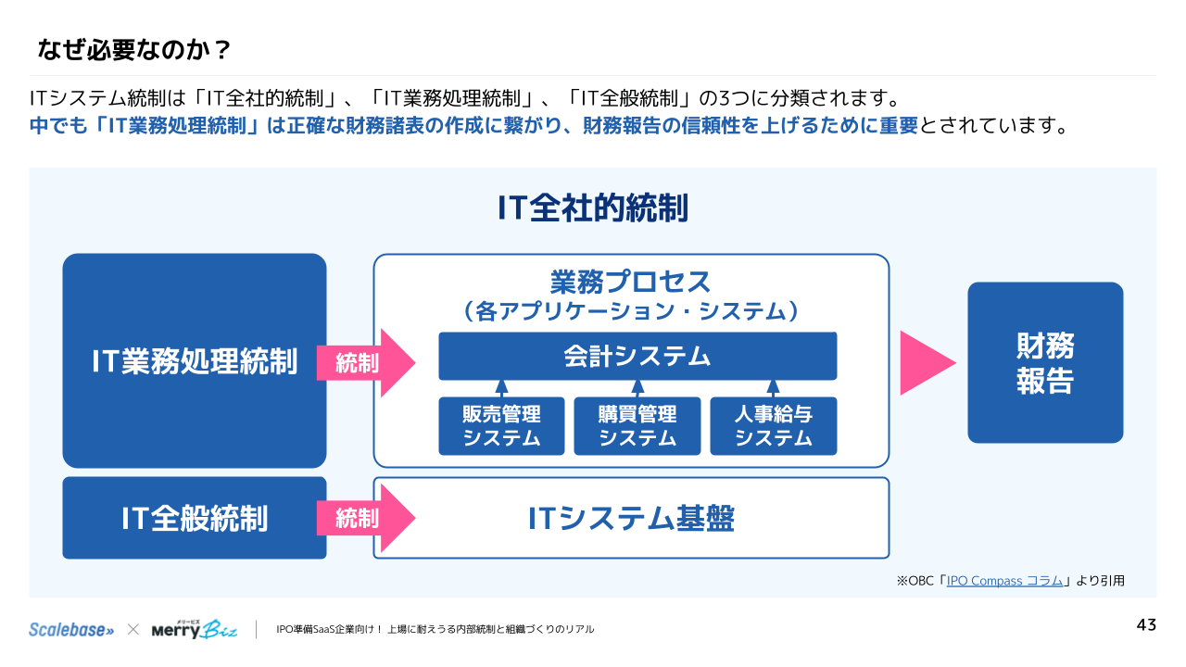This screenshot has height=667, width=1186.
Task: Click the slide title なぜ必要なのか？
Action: pos(133,49)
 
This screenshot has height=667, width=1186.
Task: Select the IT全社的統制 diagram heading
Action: pos(593,208)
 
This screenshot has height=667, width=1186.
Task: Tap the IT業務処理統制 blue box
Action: pos(195,361)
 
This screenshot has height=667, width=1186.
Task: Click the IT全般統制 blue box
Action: pos(195,518)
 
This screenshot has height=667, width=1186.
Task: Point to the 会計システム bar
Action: pos(637,357)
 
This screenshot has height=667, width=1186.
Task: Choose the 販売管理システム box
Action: pos(501,426)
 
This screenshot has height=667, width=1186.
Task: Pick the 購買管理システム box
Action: pos(637,426)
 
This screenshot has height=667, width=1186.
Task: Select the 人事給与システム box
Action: pos(774,426)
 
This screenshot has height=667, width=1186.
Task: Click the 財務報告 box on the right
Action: pos(1045,363)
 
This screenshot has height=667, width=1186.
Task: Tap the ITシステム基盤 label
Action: pos(631,519)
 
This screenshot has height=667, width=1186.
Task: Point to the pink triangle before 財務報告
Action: pos(925,363)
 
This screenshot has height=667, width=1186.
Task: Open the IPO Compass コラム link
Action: pos(1004,581)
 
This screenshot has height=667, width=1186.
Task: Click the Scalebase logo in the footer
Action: pos(71,629)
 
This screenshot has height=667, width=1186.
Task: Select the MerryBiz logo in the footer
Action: pos(195,629)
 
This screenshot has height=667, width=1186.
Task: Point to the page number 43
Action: pos(1146,625)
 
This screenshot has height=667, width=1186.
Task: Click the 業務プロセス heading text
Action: pos(631,282)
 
